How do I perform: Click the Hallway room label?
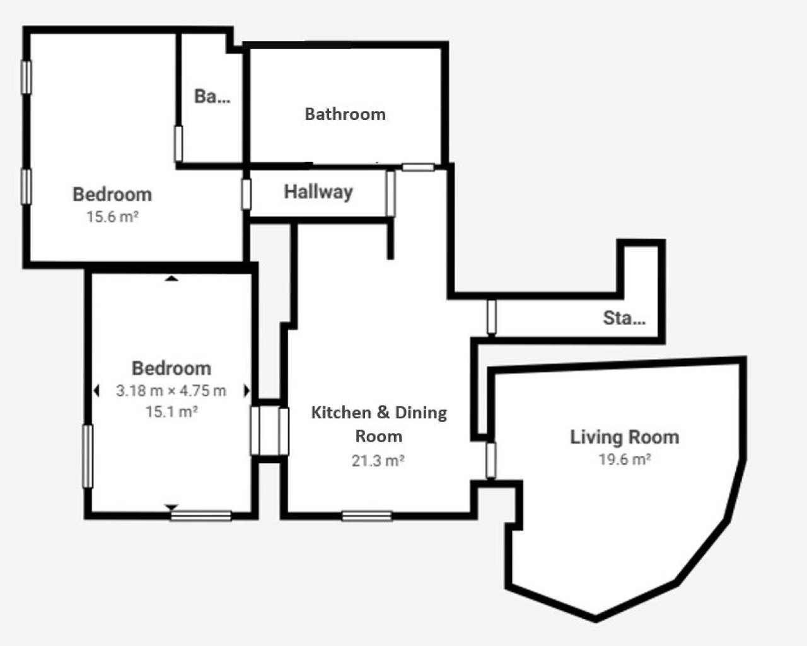click(318, 192)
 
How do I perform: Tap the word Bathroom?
click(345, 114)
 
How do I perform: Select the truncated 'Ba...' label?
click(212, 97)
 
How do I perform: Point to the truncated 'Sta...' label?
click(624, 317)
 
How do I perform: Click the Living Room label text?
click(624, 437)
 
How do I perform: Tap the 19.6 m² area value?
click(624, 459)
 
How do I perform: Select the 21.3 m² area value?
click(378, 461)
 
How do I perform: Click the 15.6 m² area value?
click(112, 217)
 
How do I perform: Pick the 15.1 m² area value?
click(171, 412)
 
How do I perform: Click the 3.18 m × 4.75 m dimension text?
click(171, 391)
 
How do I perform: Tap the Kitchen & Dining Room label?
click(379, 424)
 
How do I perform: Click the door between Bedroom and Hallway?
click(247, 194)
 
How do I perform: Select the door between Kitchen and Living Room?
click(491, 460)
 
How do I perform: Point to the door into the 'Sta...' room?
click(491, 317)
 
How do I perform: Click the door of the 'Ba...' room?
click(178, 144)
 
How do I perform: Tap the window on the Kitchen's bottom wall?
click(367, 516)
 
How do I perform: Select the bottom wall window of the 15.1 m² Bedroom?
click(200, 516)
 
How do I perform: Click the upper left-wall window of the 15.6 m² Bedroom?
click(26, 77)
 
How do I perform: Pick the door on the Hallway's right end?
click(390, 193)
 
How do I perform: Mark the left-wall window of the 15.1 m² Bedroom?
click(88, 455)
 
